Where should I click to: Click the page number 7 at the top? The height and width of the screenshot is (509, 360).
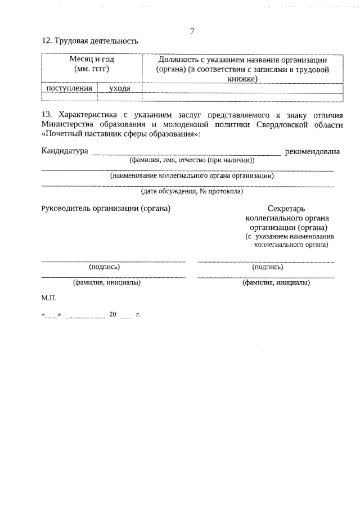tap(192, 31)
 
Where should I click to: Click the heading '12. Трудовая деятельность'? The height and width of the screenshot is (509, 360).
tap(89, 42)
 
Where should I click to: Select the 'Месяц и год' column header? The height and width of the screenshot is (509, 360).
tap(91, 59)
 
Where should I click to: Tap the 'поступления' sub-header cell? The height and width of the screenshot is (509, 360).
tap(69, 88)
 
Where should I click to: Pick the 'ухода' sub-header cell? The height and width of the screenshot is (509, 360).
tap(119, 88)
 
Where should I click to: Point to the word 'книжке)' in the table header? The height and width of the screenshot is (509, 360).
tap(242, 79)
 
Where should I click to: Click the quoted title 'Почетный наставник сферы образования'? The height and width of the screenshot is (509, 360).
tap(121, 134)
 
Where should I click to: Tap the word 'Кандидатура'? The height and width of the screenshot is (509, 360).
tap(65, 151)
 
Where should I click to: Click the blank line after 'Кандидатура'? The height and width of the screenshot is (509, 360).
tap(186, 153)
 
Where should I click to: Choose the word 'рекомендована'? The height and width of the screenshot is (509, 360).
tap(313, 151)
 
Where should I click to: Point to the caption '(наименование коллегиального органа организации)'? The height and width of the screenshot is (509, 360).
tap(192, 175)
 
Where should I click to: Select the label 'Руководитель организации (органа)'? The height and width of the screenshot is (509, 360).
tap(106, 208)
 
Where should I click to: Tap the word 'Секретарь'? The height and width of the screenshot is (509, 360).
tap(287, 208)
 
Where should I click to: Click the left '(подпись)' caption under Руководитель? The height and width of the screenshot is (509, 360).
tap(105, 267)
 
